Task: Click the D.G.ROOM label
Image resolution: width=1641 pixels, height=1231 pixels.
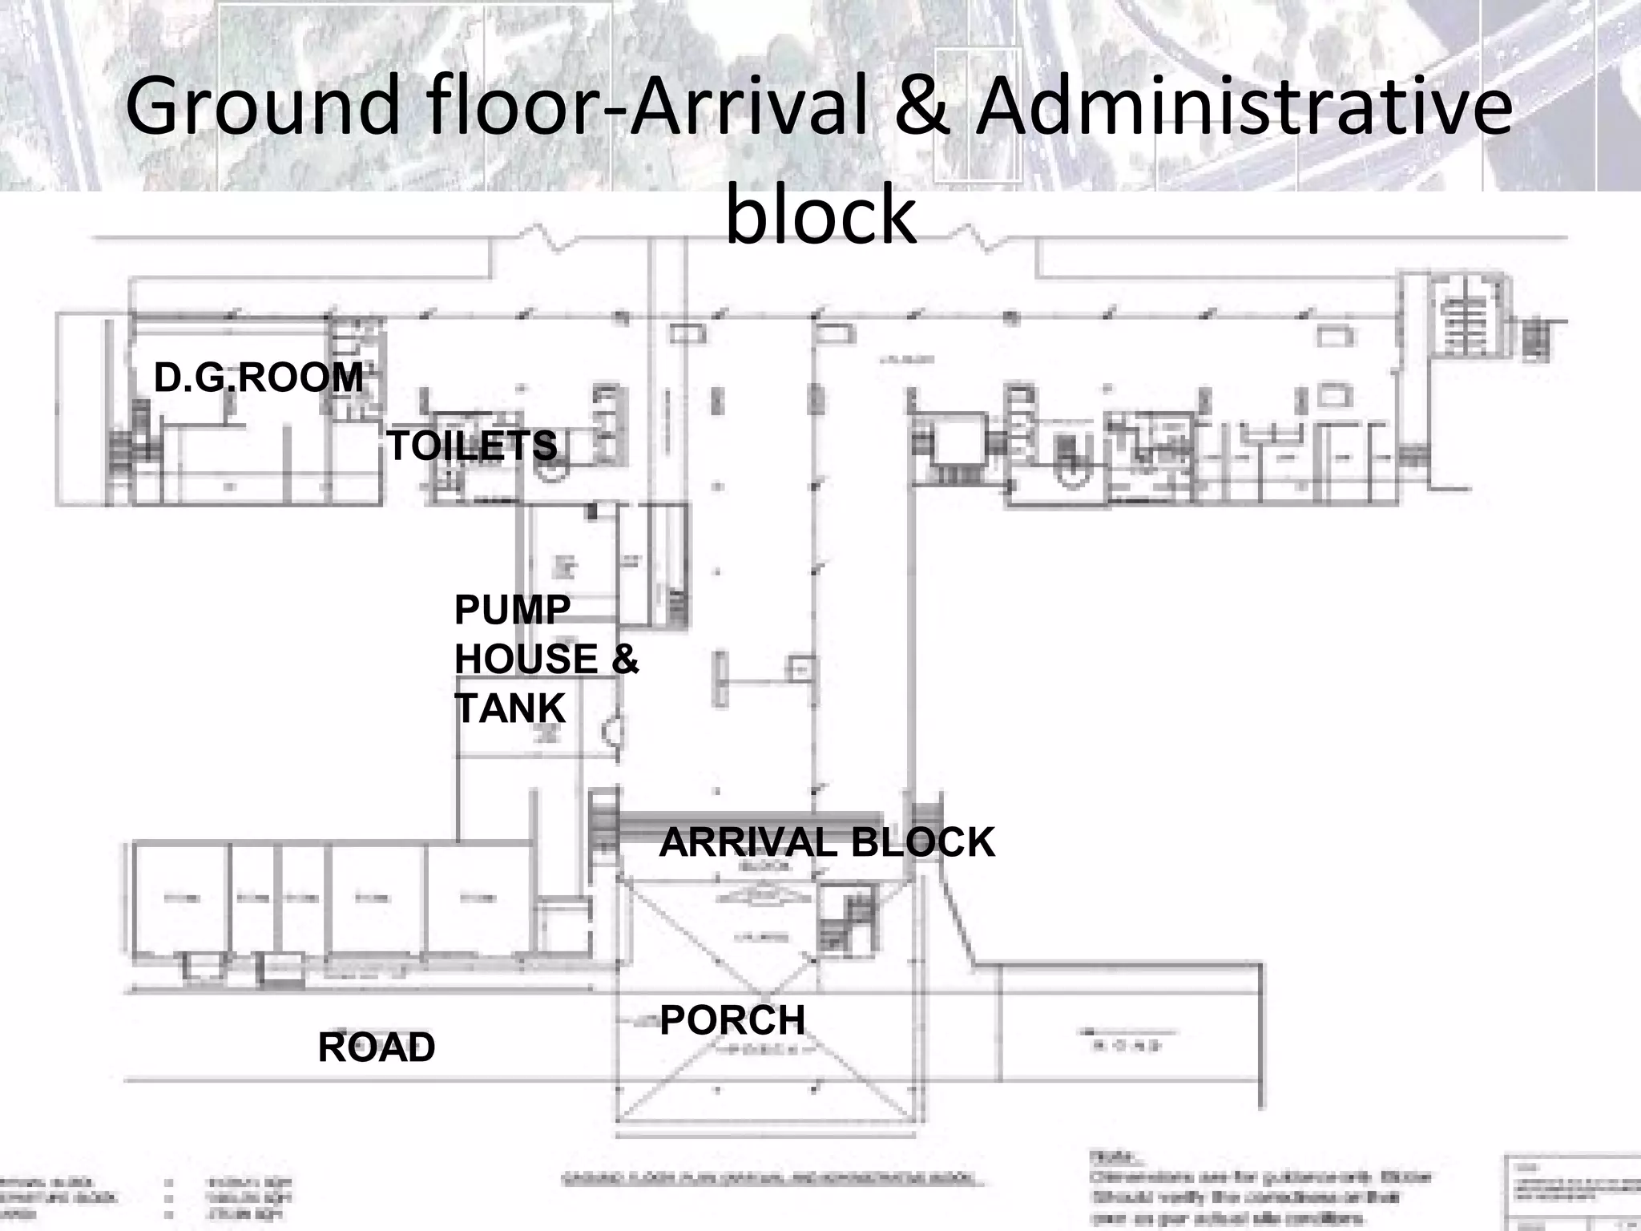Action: click(258, 377)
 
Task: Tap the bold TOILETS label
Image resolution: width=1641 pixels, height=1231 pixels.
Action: click(471, 446)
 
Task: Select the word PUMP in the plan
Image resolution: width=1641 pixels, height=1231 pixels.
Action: click(512, 610)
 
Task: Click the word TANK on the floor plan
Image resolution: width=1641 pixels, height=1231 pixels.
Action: click(510, 708)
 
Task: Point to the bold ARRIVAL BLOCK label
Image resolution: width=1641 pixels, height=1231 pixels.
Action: click(826, 842)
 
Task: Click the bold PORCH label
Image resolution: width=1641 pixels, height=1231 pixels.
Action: click(732, 1020)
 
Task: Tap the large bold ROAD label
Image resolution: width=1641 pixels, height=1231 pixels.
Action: click(376, 1047)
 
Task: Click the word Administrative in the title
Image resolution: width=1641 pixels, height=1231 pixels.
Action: click(1244, 105)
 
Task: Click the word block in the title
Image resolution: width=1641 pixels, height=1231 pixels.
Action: click(820, 215)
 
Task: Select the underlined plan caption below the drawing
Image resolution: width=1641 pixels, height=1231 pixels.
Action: click(768, 1179)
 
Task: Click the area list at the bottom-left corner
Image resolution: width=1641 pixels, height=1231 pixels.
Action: click(144, 1198)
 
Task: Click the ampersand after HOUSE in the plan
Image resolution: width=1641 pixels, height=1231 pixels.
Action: click(625, 660)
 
